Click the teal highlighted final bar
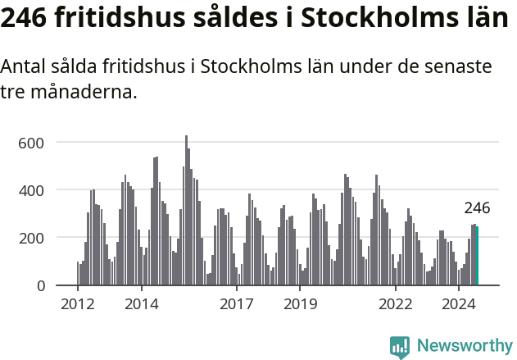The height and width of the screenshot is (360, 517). pos(478,256)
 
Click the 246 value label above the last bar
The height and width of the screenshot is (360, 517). pos(477,208)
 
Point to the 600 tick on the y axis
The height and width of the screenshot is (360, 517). pos(31,143)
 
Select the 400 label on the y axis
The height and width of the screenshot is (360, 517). pos(31,190)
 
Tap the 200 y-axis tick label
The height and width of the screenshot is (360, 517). pos(31,238)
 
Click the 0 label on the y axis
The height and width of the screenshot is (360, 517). pos(39,285)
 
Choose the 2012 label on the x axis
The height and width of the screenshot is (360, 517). pos(78,304)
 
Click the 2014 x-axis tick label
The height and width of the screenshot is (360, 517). pos(142,304)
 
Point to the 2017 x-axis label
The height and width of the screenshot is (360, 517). pos(237,304)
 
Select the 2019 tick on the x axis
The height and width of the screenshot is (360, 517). pos(300,304)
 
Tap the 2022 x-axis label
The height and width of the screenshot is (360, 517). pos(395,304)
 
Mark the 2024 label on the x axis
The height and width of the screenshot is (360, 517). pos(459,304)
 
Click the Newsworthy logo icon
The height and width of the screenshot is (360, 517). pos(400,347)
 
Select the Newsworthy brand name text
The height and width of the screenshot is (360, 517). pos(464,346)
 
